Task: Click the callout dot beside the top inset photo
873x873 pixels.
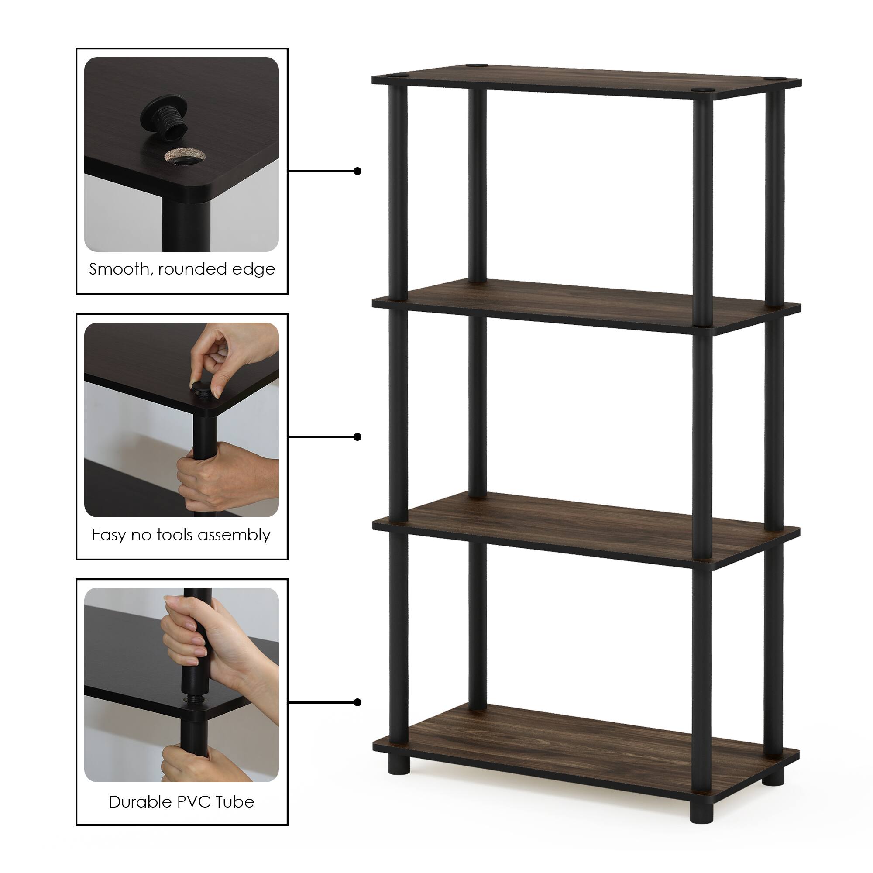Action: pyautogui.click(x=357, y=171)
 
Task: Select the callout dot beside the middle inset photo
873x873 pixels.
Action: pyautogui.click(x=357, y=436)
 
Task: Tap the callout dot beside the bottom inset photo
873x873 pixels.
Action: pyautogui.click(x=357, y=702)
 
